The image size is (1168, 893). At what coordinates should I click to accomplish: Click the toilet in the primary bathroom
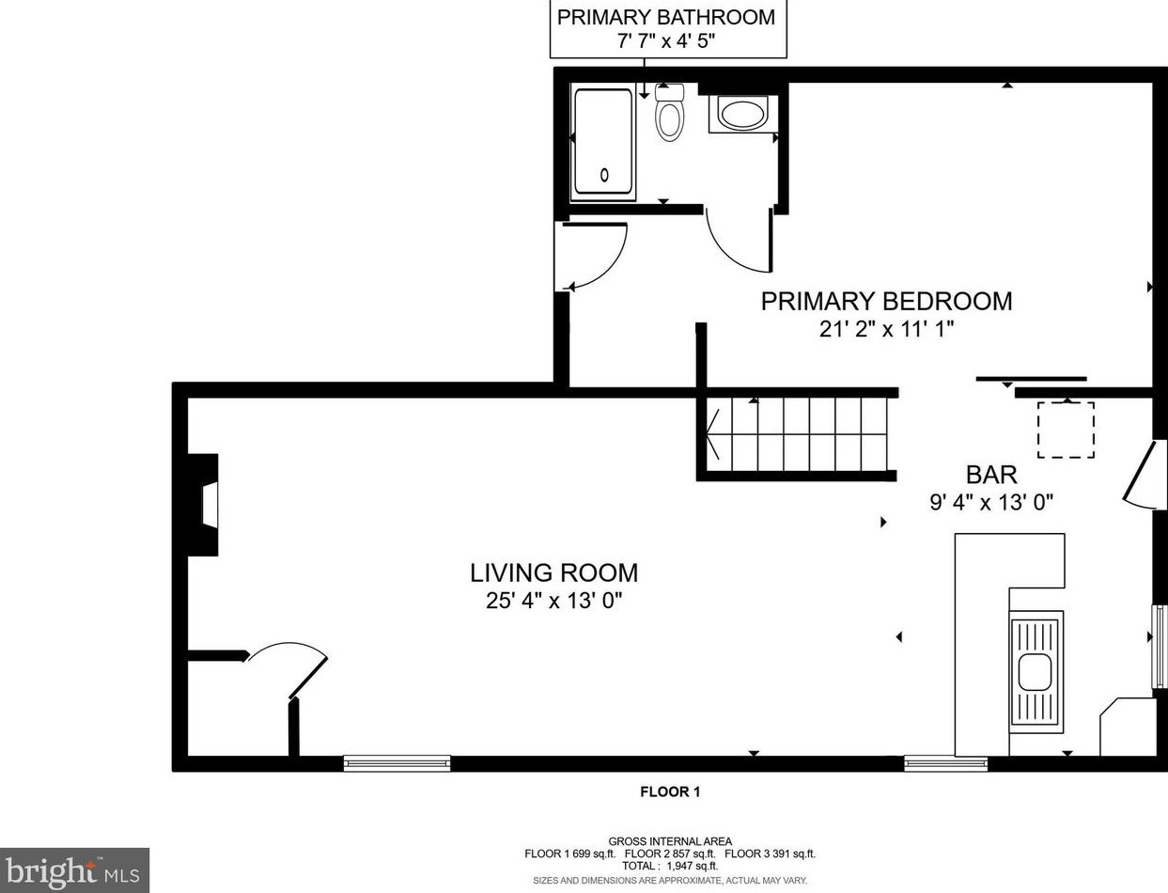[x=669, y=112]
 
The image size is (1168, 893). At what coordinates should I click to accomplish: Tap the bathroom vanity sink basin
[x=742, y=114]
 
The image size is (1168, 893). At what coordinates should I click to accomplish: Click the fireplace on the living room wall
[x=203, y=505]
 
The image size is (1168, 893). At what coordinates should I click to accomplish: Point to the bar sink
[x=1035, y=672]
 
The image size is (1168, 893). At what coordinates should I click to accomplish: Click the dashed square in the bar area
[x=1066, y=430]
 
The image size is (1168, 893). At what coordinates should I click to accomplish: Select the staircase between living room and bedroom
[x=797, y=434]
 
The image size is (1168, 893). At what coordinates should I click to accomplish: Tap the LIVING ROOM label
[x=553, y=573]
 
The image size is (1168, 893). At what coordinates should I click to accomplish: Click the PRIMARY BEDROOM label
[x=886, y=301]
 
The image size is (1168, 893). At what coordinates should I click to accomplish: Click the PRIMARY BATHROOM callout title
[x=665, y=18]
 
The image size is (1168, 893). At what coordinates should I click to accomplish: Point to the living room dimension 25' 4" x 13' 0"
[x=554, y=601]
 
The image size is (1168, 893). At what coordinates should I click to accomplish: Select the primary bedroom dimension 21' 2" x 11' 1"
[x=886, y=329]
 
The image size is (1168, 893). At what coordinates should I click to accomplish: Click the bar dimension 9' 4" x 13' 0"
[x=991, y=502]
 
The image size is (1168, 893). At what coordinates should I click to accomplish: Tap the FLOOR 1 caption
[x=670, y=791]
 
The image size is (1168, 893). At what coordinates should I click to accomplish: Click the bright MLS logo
[x=74, y=870]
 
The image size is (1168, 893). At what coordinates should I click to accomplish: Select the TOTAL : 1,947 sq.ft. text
[x=670, y=866]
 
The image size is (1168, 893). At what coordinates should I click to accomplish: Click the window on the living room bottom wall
[x=397, y=763]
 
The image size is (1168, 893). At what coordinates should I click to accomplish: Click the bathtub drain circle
[x=604, y=175]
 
